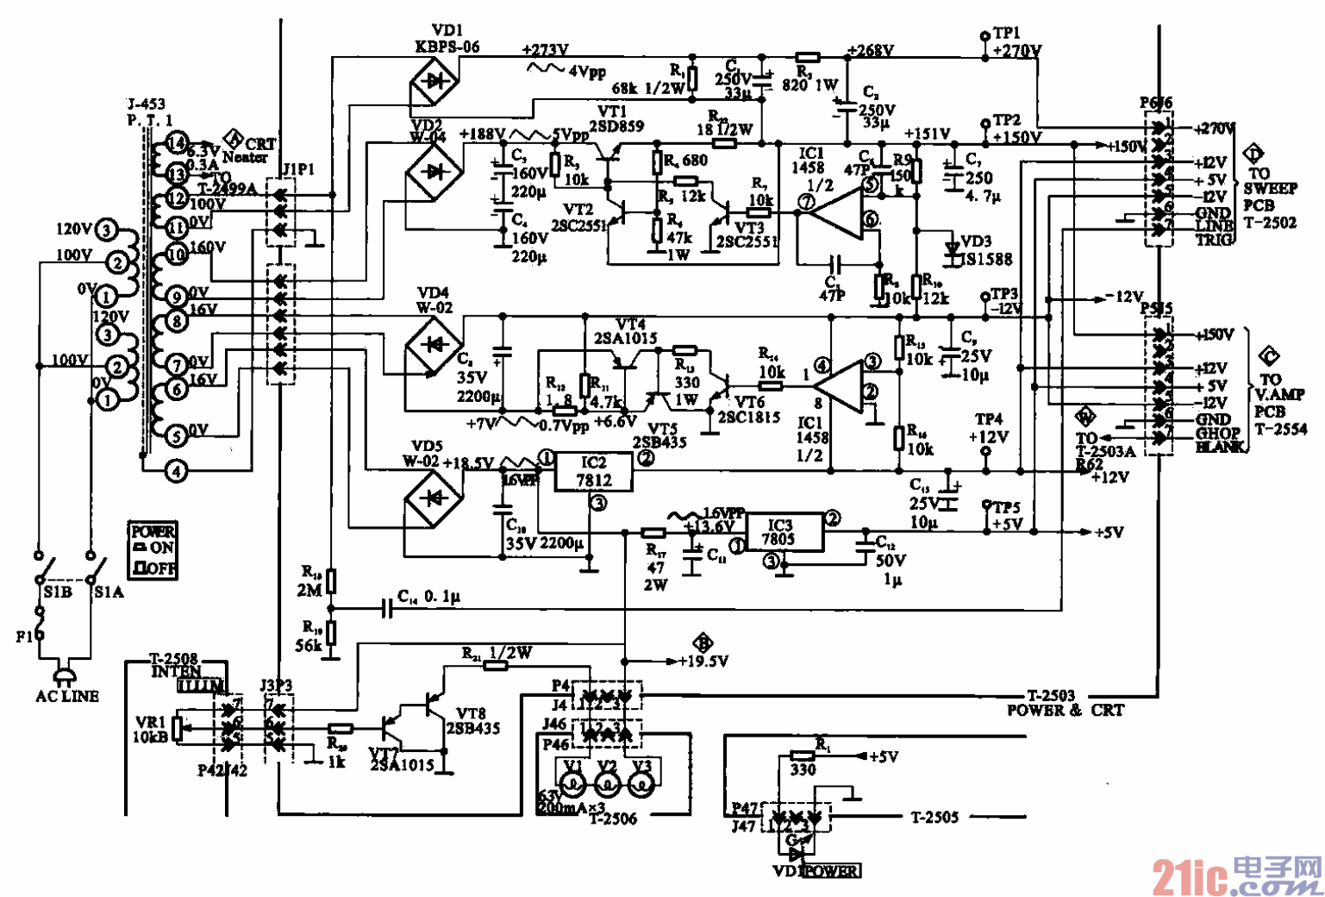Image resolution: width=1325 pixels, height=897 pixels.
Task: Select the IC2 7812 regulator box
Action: pos(593,472)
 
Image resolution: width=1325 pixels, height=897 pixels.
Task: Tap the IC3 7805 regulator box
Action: pos(779,533)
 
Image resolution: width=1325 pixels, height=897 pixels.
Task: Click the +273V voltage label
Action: pos(545,50)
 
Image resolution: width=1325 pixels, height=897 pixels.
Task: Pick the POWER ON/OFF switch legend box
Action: pos(153,550)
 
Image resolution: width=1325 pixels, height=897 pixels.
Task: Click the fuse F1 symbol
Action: pos(39,623)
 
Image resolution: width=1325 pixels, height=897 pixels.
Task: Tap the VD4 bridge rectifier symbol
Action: pos(433,347)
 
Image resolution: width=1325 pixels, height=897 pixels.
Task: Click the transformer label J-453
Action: pos(146,104)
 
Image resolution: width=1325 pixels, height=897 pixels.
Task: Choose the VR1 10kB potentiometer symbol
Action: pos(178,727)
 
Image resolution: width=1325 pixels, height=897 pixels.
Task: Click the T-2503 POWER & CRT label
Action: pos(1065,703)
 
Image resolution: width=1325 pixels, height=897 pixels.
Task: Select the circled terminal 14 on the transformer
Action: pos(177,144)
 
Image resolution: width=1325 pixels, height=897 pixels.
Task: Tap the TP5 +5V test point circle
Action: pos(987,505)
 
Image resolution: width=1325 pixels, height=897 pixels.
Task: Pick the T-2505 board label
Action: pos(934,817)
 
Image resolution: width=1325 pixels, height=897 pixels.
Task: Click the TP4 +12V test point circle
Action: pos(987,451)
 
